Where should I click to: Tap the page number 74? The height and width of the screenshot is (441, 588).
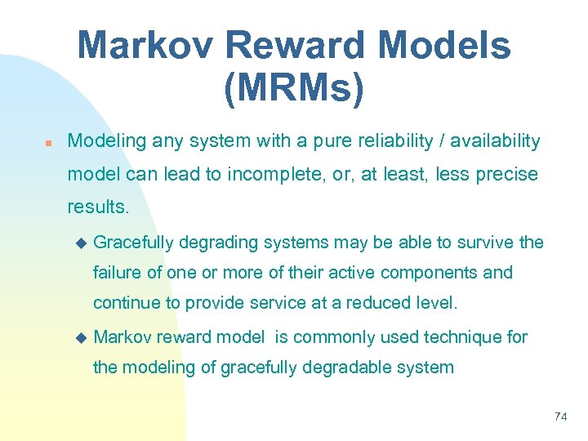coord(560,416)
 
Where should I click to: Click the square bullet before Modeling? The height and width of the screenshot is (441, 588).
coord(48,143)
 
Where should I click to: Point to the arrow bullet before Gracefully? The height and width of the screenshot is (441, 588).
coord(80,243)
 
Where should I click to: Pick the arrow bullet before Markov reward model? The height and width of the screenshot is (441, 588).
coord(80,337)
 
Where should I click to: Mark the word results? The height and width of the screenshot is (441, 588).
coord(97,207)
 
